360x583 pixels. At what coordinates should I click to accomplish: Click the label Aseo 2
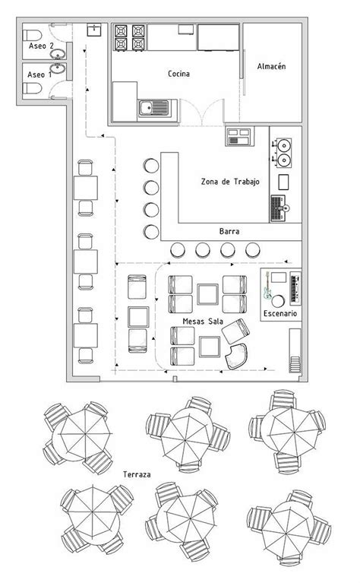40,46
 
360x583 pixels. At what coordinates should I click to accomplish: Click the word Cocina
178,74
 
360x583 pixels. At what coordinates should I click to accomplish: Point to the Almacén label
271,67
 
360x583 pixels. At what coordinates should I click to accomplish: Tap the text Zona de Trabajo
231,181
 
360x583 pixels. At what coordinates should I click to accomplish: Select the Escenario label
280,313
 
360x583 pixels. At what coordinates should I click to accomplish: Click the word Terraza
137,474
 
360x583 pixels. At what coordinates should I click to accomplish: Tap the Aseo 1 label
40,74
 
